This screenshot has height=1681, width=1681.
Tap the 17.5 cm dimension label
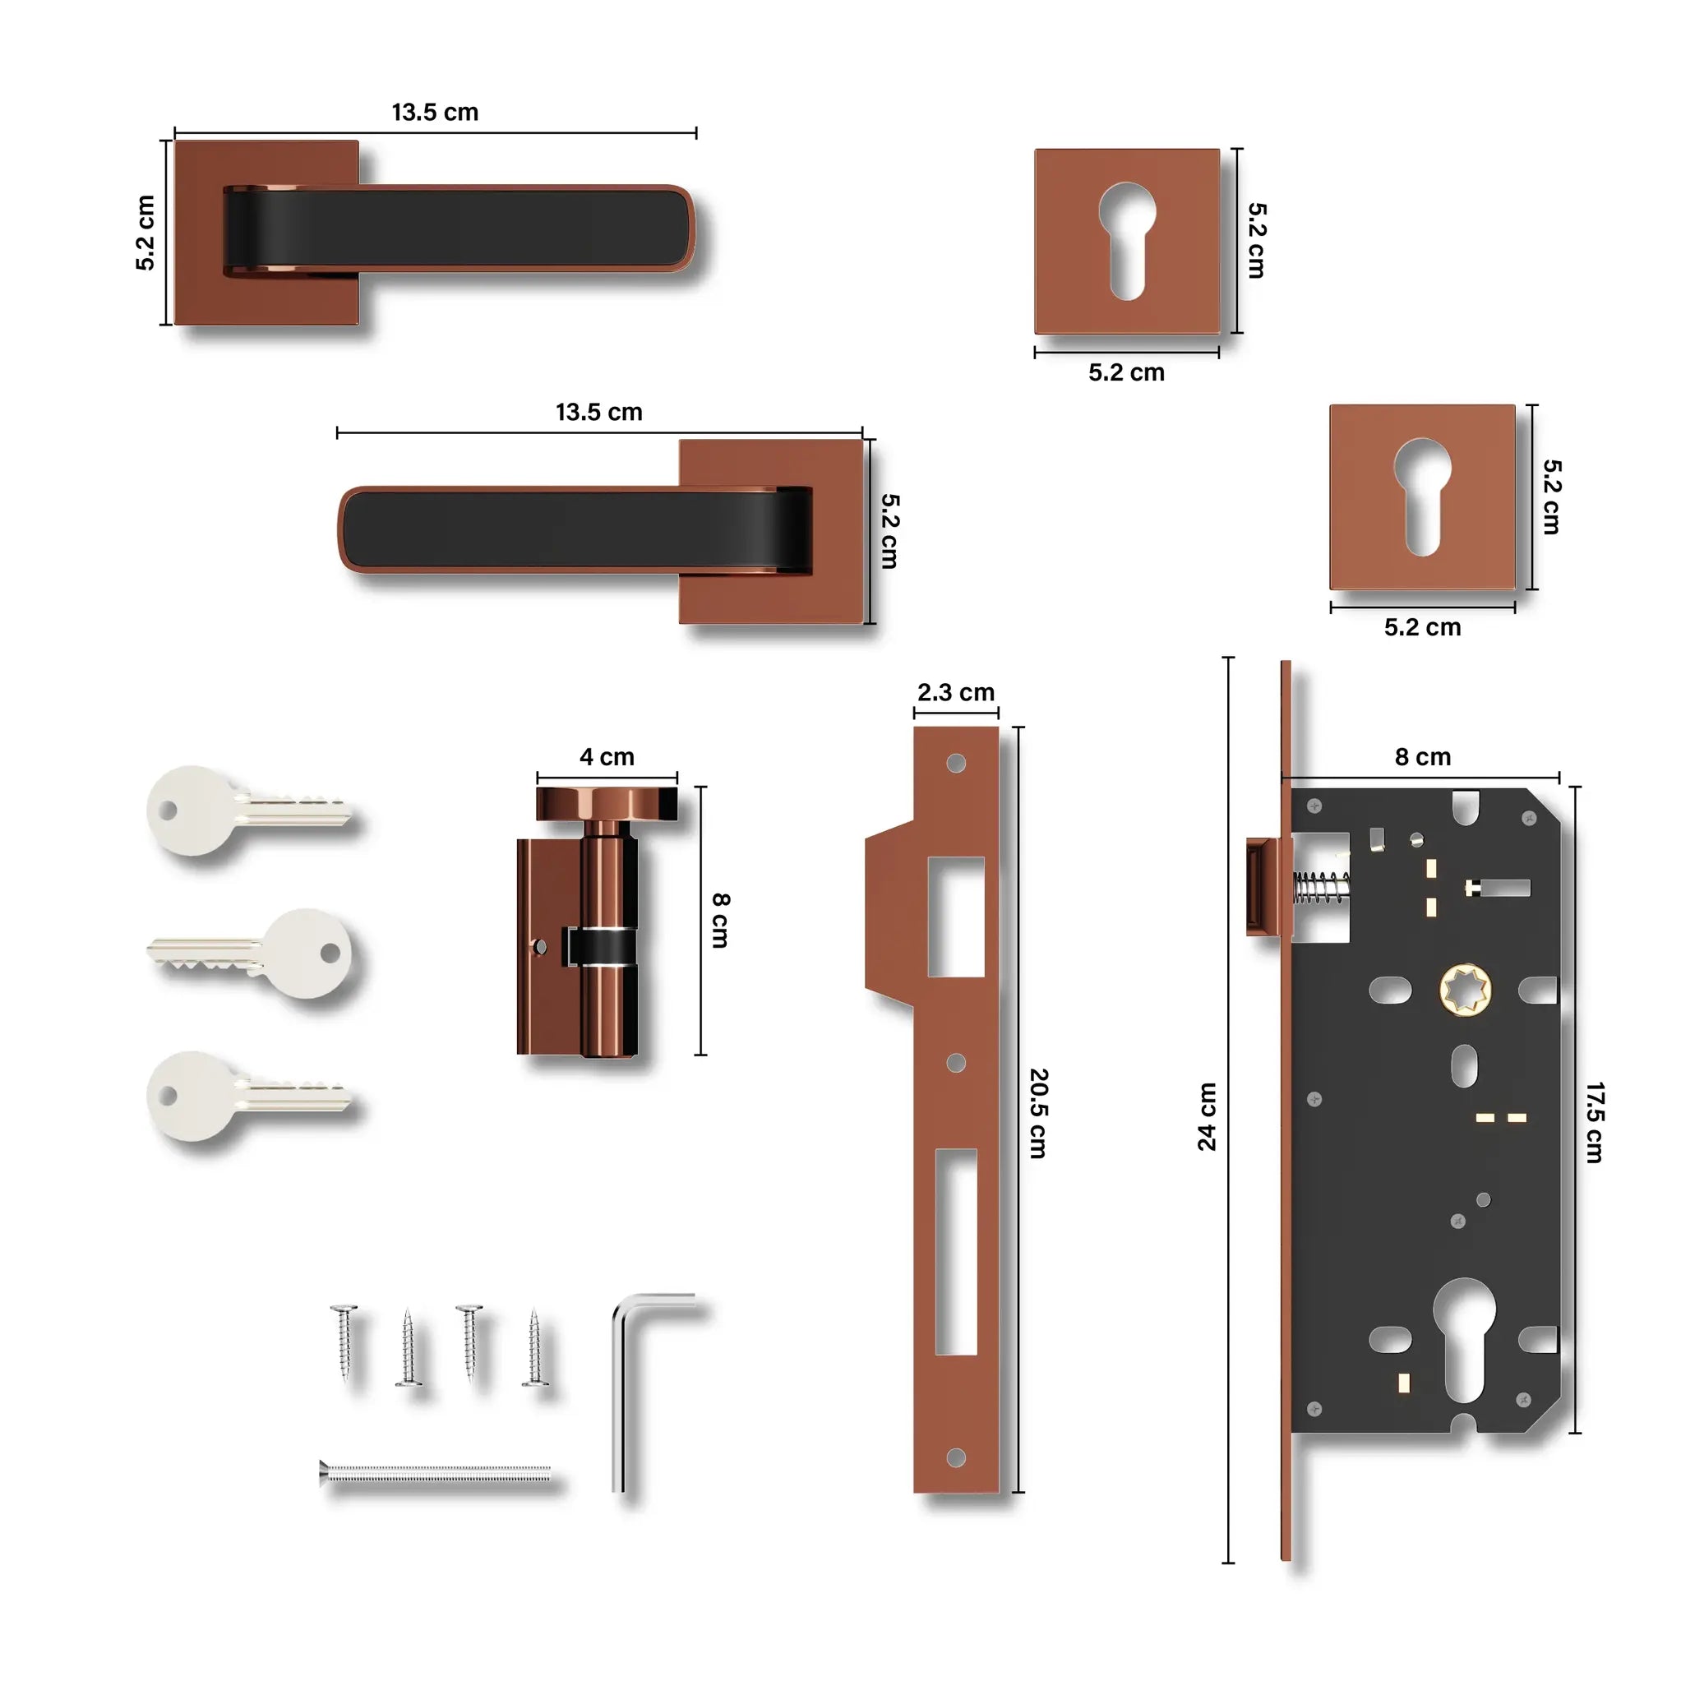[1594, 1122]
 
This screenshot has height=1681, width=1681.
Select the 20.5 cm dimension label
[1039, 1114]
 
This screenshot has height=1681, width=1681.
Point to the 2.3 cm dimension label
[955, 693]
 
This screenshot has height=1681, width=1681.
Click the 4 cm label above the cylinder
[607, 757]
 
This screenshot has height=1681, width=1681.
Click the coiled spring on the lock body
[1321, 888]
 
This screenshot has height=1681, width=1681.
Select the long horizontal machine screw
[435, 1473]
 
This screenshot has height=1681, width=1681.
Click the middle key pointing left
[252, 954]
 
